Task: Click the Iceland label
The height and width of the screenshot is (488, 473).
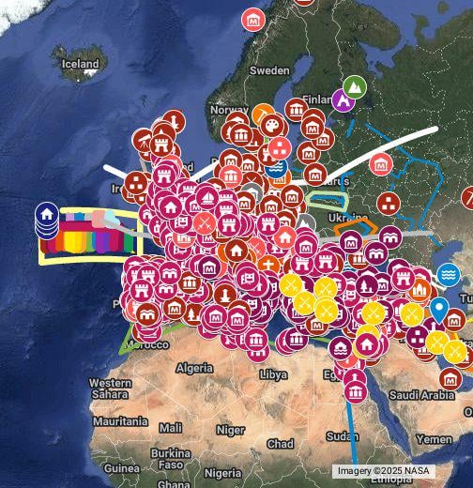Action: click(x=80, y=64)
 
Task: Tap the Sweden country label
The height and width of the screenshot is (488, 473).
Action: click(x=269, y=70)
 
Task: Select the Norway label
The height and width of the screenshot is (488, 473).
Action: click(x=229, y=110)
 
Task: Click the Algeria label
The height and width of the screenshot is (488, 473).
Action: click(x=195, y=368)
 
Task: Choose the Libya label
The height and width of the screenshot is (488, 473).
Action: click(x=273, y=374)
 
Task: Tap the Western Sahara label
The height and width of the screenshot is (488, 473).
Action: click(x=110, y=389)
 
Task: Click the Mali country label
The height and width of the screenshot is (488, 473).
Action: click(x=171, y=427)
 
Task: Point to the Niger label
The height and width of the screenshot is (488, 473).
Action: click(x=230, y=430)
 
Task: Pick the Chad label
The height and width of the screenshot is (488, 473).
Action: click(x=280, y=443)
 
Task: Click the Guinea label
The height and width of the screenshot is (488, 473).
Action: click(x=121, y=467)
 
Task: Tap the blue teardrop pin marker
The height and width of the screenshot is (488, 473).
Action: click(x=438, y=308)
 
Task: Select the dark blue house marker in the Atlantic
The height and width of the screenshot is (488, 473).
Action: click(x=45, y=215)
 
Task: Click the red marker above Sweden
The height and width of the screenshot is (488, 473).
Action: click(x=252, y=19)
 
